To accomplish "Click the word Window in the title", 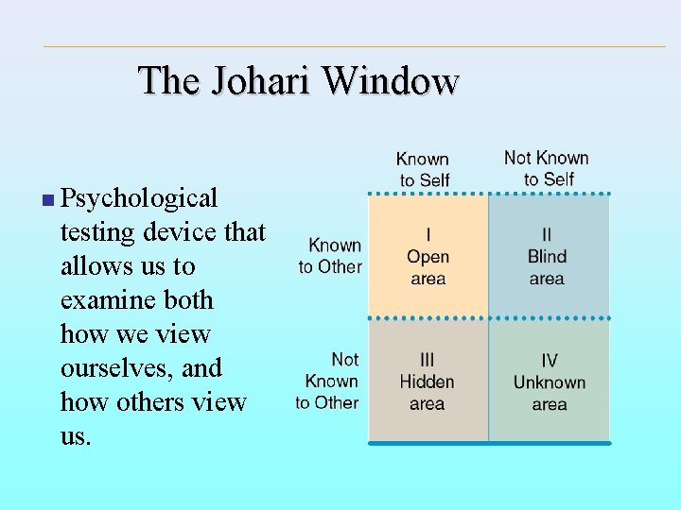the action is click(x=390, y=81).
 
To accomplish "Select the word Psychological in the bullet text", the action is click(x=139, y=199).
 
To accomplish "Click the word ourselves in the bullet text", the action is click(x=114, y=368).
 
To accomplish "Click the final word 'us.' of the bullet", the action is click(x=76, y=436).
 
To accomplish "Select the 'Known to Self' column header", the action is click(x=423, y=169).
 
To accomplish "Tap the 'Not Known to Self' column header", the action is click(x=547, y=168).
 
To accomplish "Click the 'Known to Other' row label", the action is click(x=331, y=256).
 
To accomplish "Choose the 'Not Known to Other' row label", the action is click(x=328, y=381).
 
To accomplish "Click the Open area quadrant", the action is click(x=428, y=256).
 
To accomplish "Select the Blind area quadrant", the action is click(x=549, y=256).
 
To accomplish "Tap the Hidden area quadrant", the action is click(x=428, y=382).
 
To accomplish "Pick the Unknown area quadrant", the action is click(x=549, y=382).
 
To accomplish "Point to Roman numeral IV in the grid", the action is click(x=550, y=361).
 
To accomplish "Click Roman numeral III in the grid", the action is click(x=428, y=360).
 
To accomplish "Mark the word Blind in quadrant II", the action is click(x=548, y=257).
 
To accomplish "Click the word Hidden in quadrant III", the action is click(x=428, y=382).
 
